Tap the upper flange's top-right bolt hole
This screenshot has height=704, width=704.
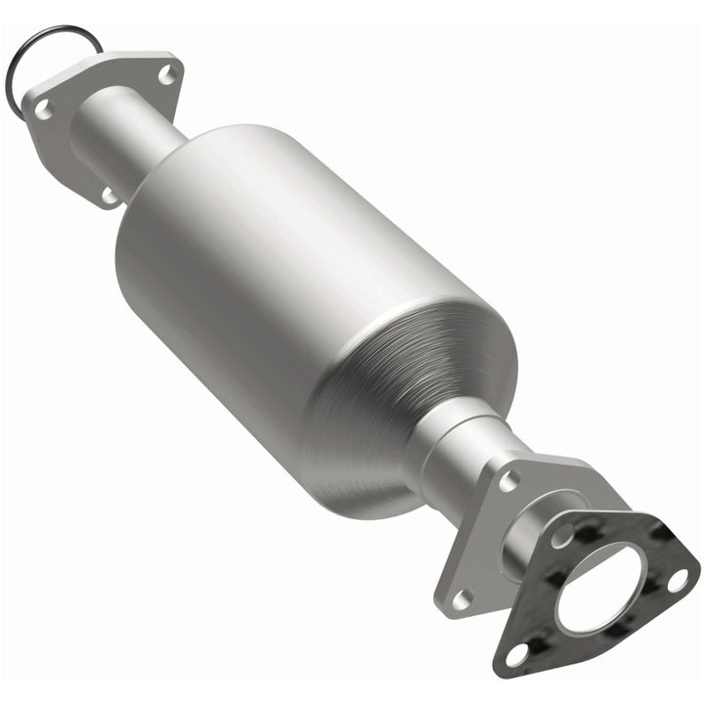point(166,72)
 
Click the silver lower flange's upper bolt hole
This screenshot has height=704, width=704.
point(507,481)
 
